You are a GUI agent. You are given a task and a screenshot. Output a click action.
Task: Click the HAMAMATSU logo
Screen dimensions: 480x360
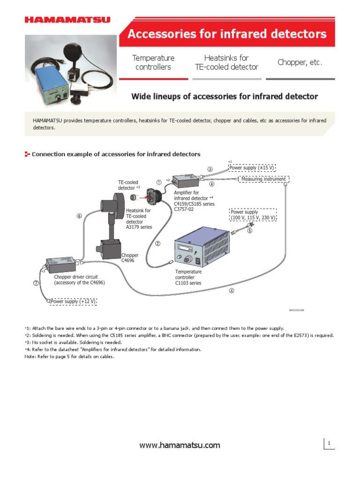tap(67, 20)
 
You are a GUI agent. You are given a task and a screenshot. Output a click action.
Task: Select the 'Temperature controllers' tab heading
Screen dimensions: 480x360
tap(153, 62)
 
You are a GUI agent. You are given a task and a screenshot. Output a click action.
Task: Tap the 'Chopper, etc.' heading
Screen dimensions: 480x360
tap(300, 62)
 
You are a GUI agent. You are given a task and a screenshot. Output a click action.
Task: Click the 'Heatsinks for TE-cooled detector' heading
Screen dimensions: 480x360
tap(226, 62)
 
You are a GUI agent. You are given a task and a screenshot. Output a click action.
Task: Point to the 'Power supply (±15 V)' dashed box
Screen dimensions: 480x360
tap(251, 167)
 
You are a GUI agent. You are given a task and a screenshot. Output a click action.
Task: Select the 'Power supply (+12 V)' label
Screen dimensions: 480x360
tap(73, 301)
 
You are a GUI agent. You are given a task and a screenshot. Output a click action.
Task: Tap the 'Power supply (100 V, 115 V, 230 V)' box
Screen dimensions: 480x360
tap(253, 215)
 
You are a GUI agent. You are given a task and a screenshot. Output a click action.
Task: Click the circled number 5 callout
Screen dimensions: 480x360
tap(249, 230)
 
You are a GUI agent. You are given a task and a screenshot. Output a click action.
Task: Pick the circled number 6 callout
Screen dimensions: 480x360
tap(79, 216)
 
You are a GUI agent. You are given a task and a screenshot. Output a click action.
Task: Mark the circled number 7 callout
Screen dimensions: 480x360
tap(36, 283)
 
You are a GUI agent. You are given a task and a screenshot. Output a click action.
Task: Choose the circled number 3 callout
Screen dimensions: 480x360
tap(210, 169)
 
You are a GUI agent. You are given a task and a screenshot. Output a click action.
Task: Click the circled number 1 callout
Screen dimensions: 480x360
tap(159, 182)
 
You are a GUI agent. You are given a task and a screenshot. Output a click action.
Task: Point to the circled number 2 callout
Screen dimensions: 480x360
tap(158, 243)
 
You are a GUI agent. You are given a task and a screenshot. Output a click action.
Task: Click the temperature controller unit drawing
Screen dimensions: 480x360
tap(202, 248)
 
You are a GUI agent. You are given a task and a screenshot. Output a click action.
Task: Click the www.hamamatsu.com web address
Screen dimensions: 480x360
tap(180, 445)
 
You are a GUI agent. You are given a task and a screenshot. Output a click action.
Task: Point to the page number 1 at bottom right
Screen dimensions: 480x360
tap(330, 443)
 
